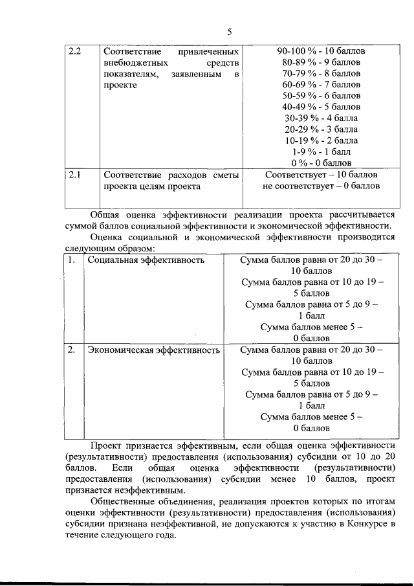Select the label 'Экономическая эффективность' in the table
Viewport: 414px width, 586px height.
click(153, 350)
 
